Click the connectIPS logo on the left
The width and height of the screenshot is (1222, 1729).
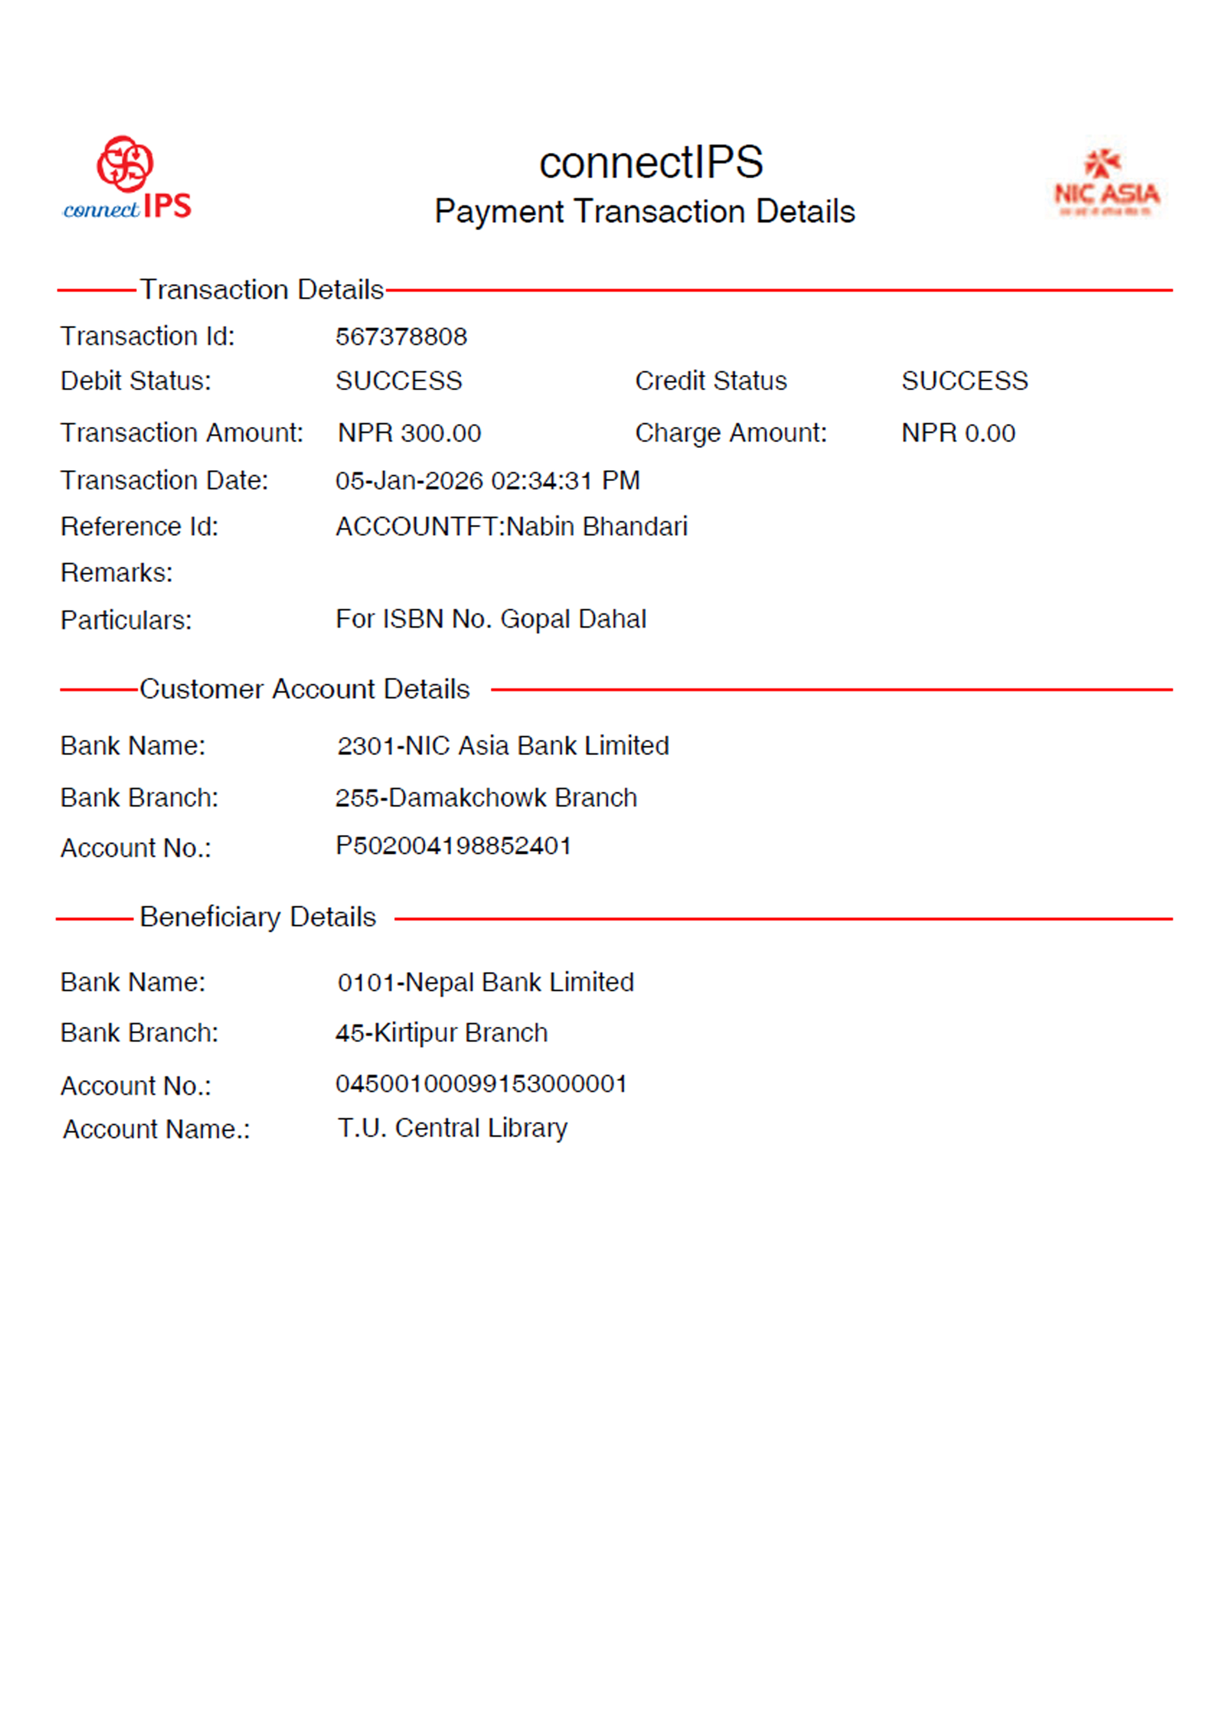(127, 178)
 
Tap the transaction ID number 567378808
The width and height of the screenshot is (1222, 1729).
(401, 337)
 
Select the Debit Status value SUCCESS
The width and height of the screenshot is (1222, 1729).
(398, 381)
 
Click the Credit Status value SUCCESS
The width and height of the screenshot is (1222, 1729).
(964, 381)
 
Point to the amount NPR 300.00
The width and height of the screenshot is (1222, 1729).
(409, 433)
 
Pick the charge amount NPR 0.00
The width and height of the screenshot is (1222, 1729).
(958, 433)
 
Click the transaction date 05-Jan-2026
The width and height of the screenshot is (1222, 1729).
(409, 481)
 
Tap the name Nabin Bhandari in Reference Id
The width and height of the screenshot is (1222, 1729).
(597, 526)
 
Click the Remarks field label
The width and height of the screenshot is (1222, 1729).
(117, 573)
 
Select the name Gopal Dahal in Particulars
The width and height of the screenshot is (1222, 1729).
(573, 619)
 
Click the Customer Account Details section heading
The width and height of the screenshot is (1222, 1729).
(304, 689)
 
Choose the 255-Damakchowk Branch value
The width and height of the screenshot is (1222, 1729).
(486, 797)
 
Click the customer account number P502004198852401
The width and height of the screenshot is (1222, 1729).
(453, 846)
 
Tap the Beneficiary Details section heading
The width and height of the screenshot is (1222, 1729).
(258, 917)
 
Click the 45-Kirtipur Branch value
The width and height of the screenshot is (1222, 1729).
(441, 1033)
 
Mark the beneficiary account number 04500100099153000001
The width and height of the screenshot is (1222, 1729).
(481, 1084)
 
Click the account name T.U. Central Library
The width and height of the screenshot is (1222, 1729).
(452, 1128)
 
